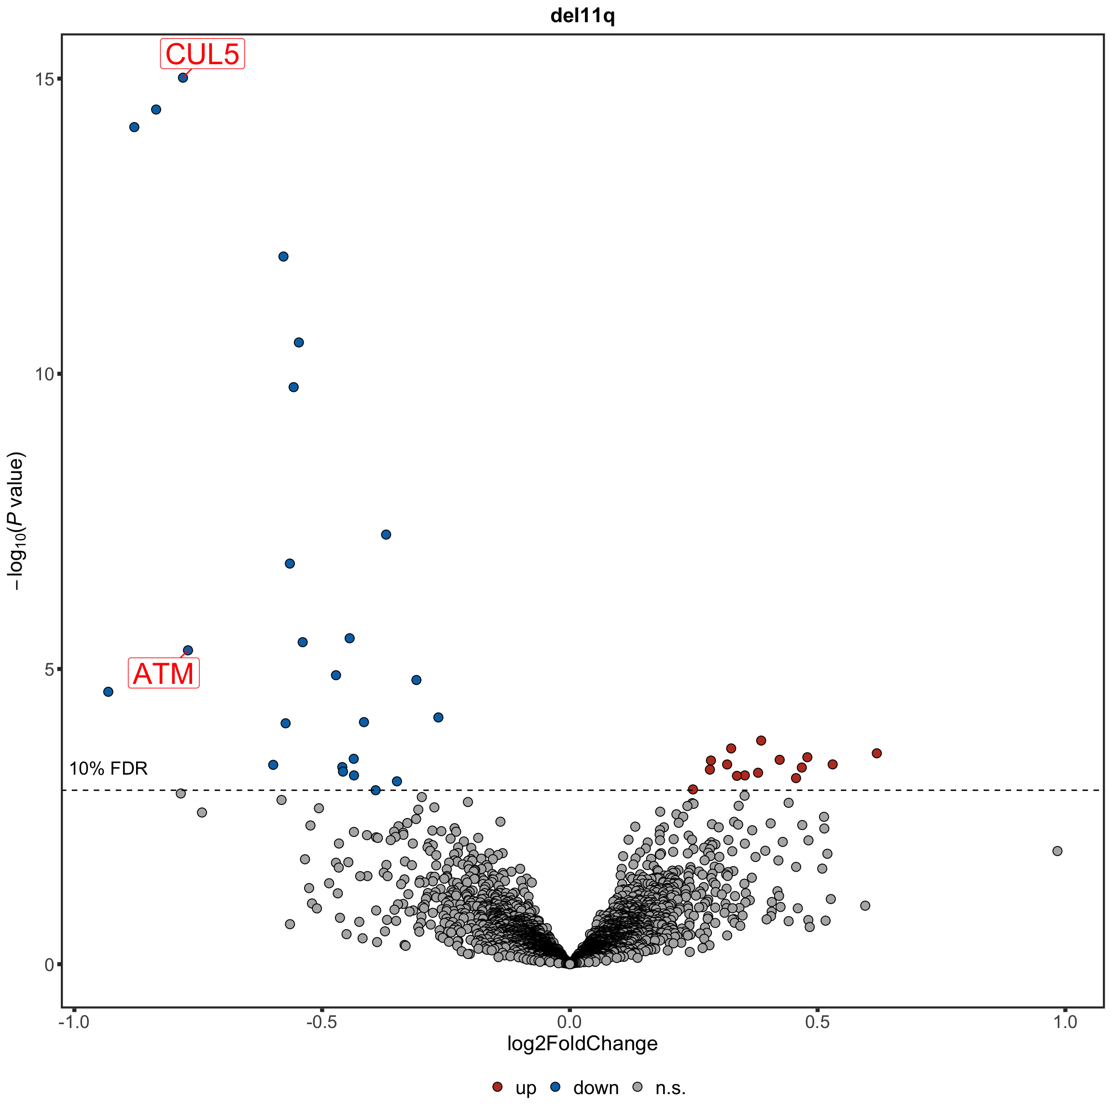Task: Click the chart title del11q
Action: [583, 16]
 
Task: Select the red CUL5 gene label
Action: [202, 54]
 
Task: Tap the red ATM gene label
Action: [164, 673]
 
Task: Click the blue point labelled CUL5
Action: [183, 78]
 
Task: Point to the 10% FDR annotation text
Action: [108, 768]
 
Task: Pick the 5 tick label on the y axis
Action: [48, 669]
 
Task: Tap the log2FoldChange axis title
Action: [583, 1043]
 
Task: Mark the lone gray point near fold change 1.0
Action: [1057, 851]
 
